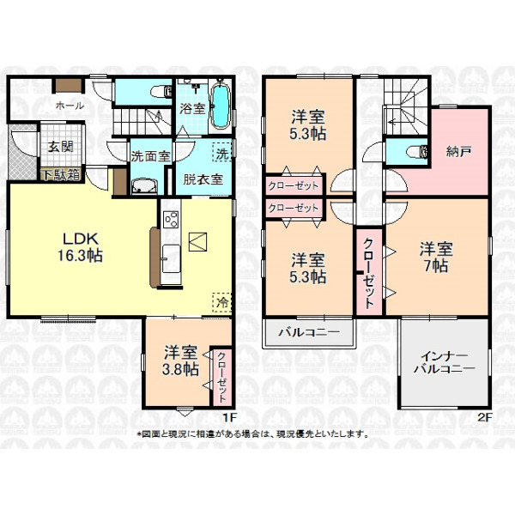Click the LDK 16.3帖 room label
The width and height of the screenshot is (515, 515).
tap(81, 247)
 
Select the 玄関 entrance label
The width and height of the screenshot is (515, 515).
tap(61, 147)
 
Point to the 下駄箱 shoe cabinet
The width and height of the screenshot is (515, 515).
tap(62, 175)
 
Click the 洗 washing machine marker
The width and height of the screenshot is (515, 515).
tap(222, 153)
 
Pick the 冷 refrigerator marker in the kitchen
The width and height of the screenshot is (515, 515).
tap(222, 302)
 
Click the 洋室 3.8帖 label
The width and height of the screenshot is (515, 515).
tap(180, 360)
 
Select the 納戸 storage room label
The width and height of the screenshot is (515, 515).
tap(459, 151)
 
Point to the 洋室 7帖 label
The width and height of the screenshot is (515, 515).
tap(436, 257)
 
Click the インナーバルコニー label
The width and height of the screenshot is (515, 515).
tap(444, 362)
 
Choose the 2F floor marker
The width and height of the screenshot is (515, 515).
tap(485, 417)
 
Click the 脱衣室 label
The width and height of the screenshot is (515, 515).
tap(203, 179)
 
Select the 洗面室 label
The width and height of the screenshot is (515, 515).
tap(151, 156)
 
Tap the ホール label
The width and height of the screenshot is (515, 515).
tap(70, 106)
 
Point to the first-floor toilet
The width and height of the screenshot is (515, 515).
tap(161, 92)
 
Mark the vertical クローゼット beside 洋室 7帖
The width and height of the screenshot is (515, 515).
tap(368, 273)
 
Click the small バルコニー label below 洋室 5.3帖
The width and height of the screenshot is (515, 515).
tap(309, 333)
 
